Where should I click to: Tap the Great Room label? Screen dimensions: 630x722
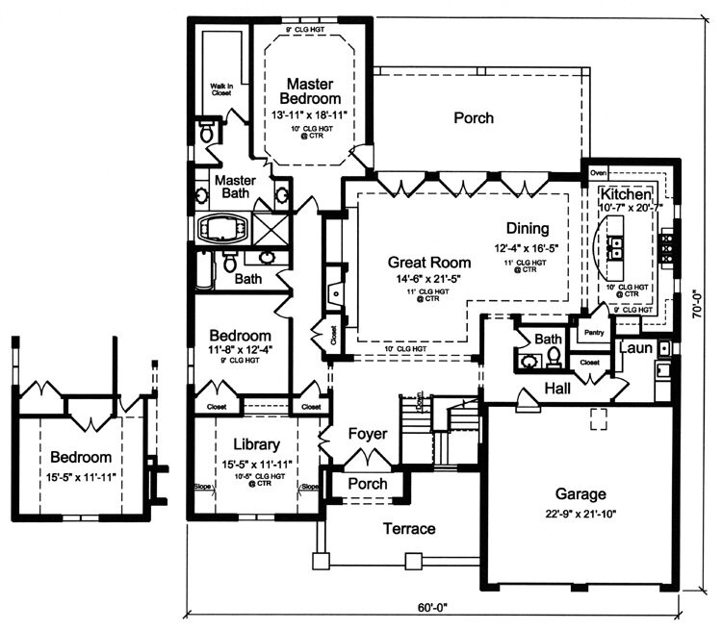[x=429, y=262]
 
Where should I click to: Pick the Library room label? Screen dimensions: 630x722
[x=256, y=444]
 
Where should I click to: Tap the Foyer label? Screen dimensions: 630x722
[x=368, y=435]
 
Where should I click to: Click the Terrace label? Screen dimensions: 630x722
[x=410, y=529]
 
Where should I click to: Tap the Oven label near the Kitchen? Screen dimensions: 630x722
[x=598, y=173]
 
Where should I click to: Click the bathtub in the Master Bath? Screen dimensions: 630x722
[x=222, y=229]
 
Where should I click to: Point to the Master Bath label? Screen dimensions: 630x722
[x=234, y=187]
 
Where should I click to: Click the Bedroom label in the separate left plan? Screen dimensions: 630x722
[x=81, y=458]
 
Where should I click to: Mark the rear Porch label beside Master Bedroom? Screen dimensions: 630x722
[x=473, y=118]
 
